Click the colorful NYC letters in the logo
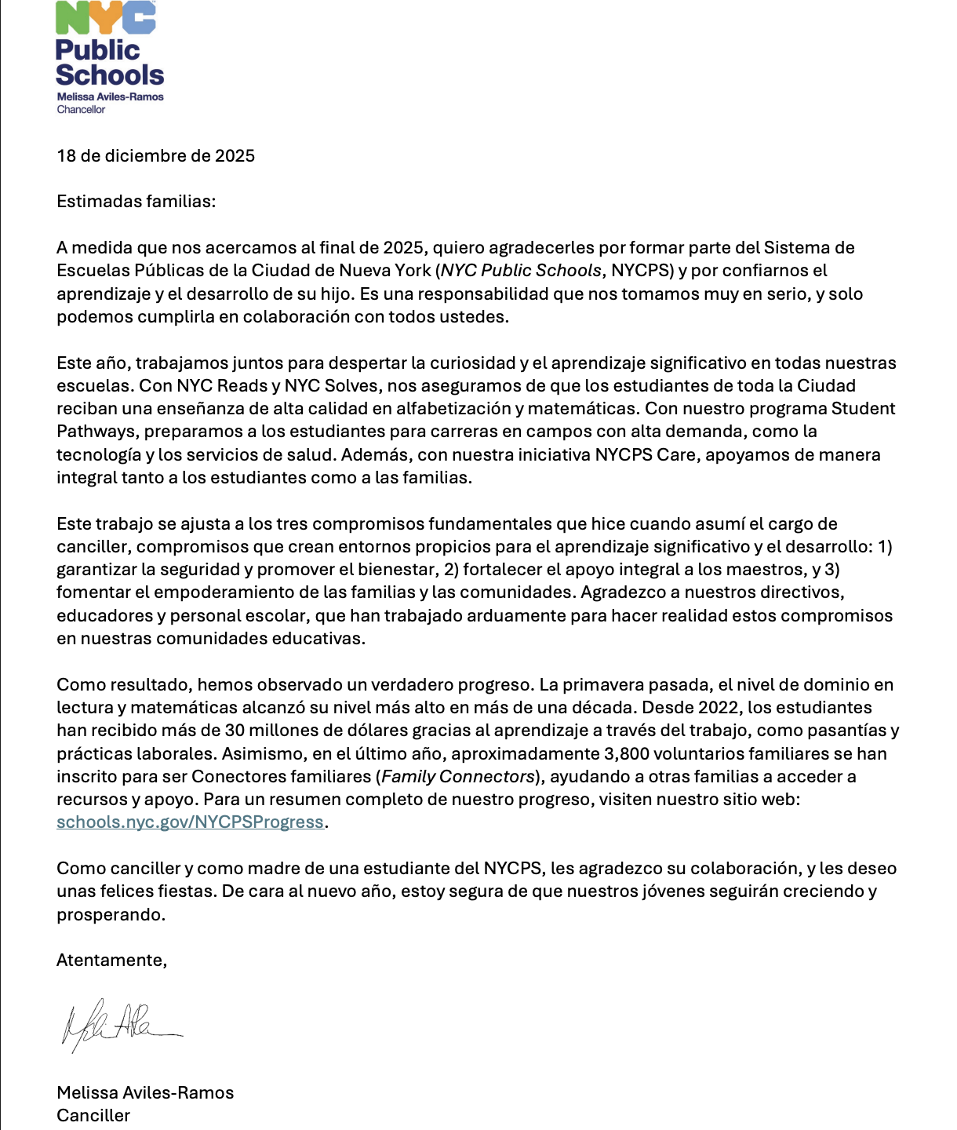click(106, 17)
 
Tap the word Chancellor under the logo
click(81, 110)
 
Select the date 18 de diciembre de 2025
click(155, 155)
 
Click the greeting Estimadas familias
click(136, 202)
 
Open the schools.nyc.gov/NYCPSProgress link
click(190, 822)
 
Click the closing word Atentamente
click(111, 960)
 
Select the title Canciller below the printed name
click(93, 1115)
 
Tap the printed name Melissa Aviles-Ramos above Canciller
click(145, 1092)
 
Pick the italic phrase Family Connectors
click(458, 776)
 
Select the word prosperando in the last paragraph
click(111, 914)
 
